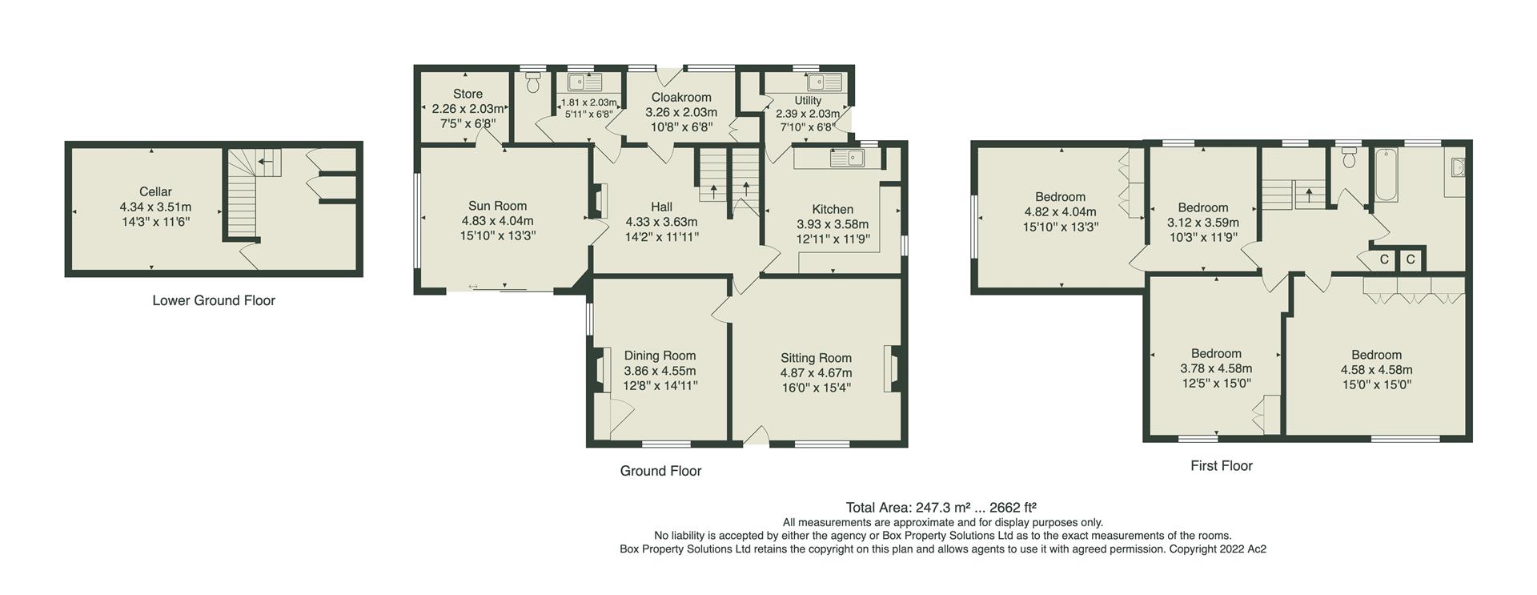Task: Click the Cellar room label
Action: click(155, 191)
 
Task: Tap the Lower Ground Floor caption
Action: click(214, 300)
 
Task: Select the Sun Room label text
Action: click(497, 206)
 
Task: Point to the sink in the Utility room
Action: click(825, 82)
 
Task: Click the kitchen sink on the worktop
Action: click(847, 158)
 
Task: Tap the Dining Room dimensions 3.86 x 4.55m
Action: click(660, 371)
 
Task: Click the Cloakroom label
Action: click(681, 98)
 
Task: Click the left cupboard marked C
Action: click(1384, 259)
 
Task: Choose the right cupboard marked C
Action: click(1411, 259)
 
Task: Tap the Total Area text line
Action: click(941, 507)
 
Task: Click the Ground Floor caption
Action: click(660, 471)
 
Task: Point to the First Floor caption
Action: click(1221, 465)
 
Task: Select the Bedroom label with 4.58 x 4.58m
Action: click(1376, 355)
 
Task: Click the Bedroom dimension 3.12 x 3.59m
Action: click(1202, 223)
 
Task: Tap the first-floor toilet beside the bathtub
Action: click(1350, 158)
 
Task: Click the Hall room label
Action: click(661, 207)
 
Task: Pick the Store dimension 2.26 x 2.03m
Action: click(468, 109)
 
